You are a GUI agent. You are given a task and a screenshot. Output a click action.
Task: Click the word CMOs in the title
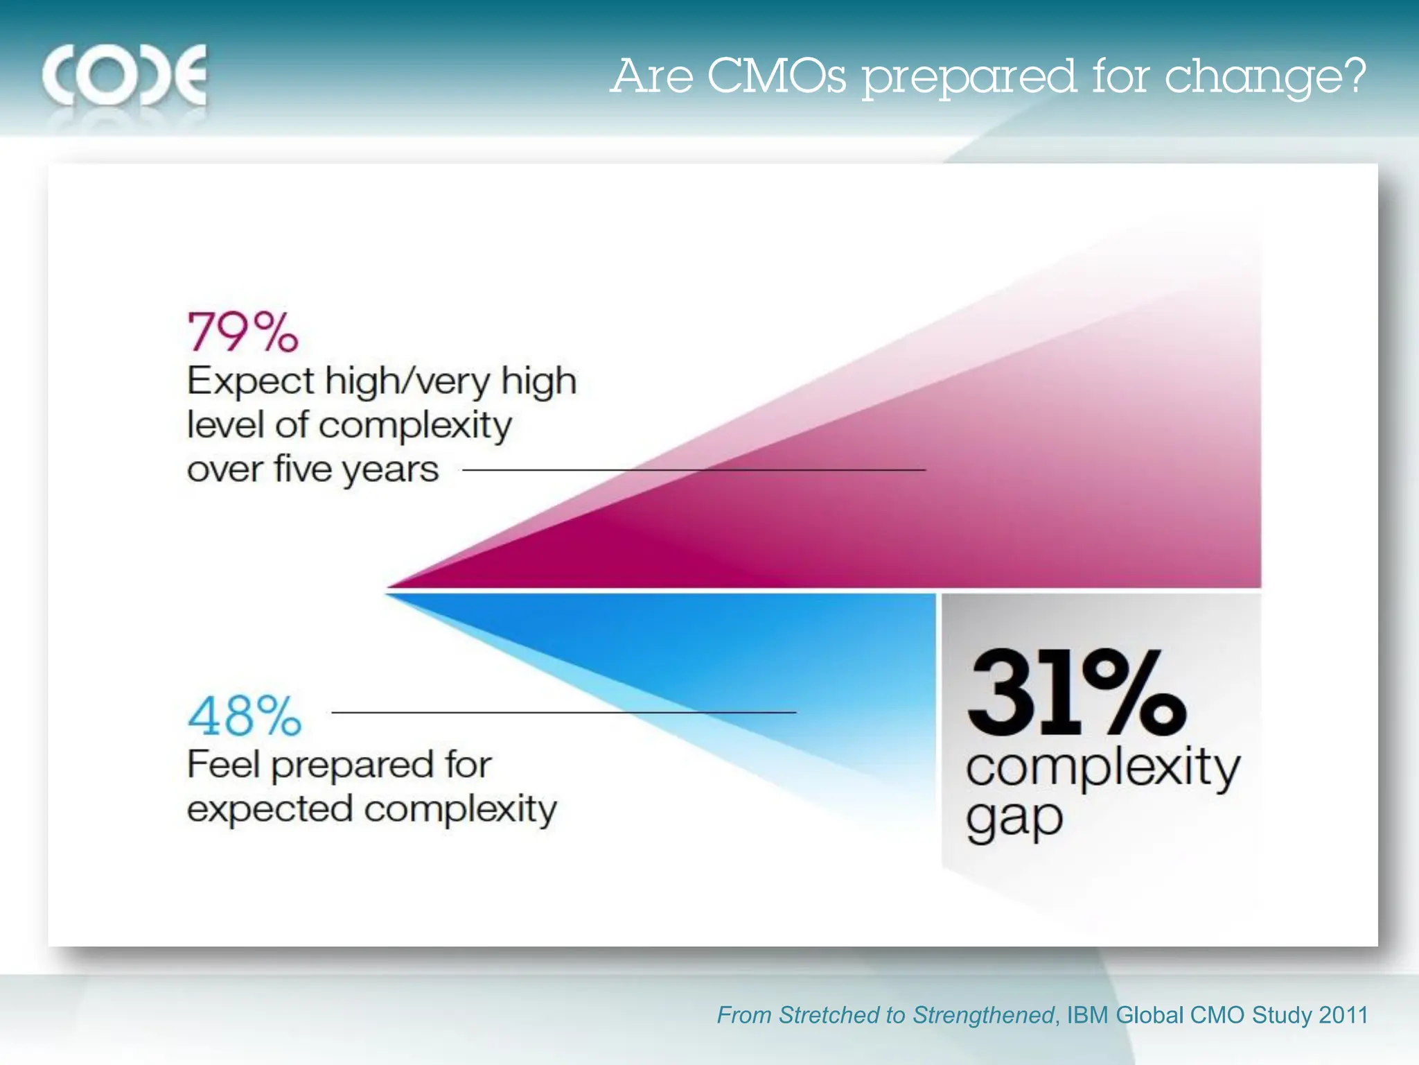(776, 76)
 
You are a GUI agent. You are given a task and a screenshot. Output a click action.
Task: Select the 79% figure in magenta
(243, 332)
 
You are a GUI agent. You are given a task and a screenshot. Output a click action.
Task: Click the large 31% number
(1076, 693)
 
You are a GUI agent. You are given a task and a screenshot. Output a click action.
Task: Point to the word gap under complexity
(1014, 821)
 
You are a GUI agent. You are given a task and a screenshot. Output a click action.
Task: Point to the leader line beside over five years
(693, 470)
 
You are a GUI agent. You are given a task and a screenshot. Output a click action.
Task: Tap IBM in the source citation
(1088, 1015)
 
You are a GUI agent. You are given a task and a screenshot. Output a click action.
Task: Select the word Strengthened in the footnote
(983, 1015)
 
